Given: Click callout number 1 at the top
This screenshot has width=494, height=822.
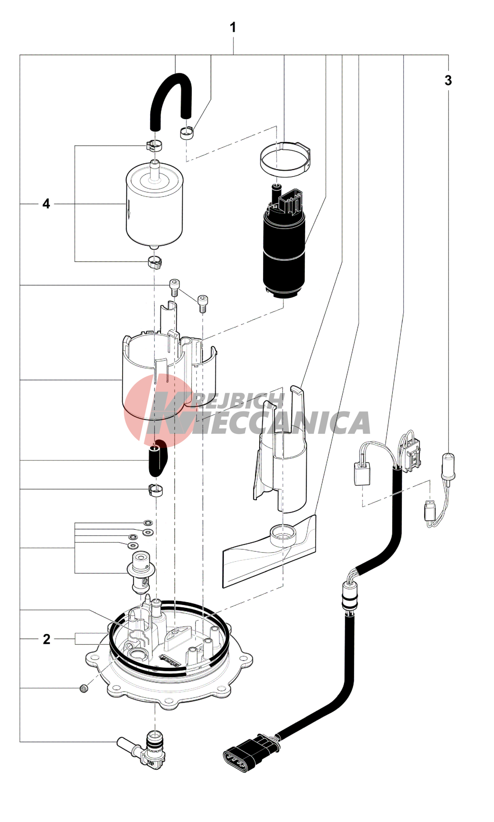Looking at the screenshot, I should [233, 27].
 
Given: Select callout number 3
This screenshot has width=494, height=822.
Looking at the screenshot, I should [448, 80].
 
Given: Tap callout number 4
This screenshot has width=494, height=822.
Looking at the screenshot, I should [46, 204].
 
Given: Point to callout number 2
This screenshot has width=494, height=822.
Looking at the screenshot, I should [46, 639].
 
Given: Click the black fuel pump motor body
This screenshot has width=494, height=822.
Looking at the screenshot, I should [283, 254].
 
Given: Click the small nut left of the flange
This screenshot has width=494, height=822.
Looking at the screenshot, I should [84, 688].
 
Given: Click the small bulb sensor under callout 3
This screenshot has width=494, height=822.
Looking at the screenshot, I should [448, 466].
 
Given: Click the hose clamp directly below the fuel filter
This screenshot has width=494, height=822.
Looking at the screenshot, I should [155, 262].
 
